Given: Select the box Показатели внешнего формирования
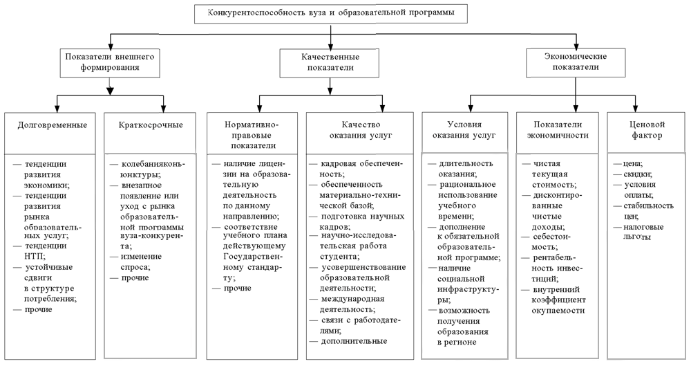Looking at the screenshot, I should click(x=109, y=61).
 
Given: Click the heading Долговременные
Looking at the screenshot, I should click(x=53, y=125).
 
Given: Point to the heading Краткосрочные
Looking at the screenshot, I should click(x=151, y=125).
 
